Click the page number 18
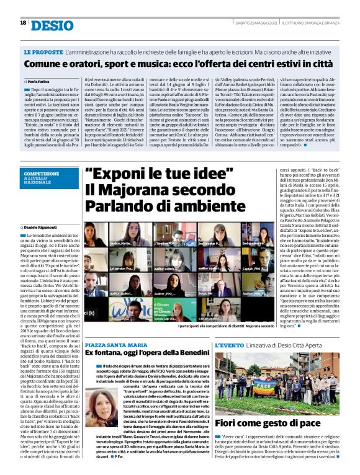pyautogui.click(x=22, y=23)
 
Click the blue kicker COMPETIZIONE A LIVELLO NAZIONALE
pyautogui.click(x=44, y=179)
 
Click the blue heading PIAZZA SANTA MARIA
pyautogui.click(x=116, y=344)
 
